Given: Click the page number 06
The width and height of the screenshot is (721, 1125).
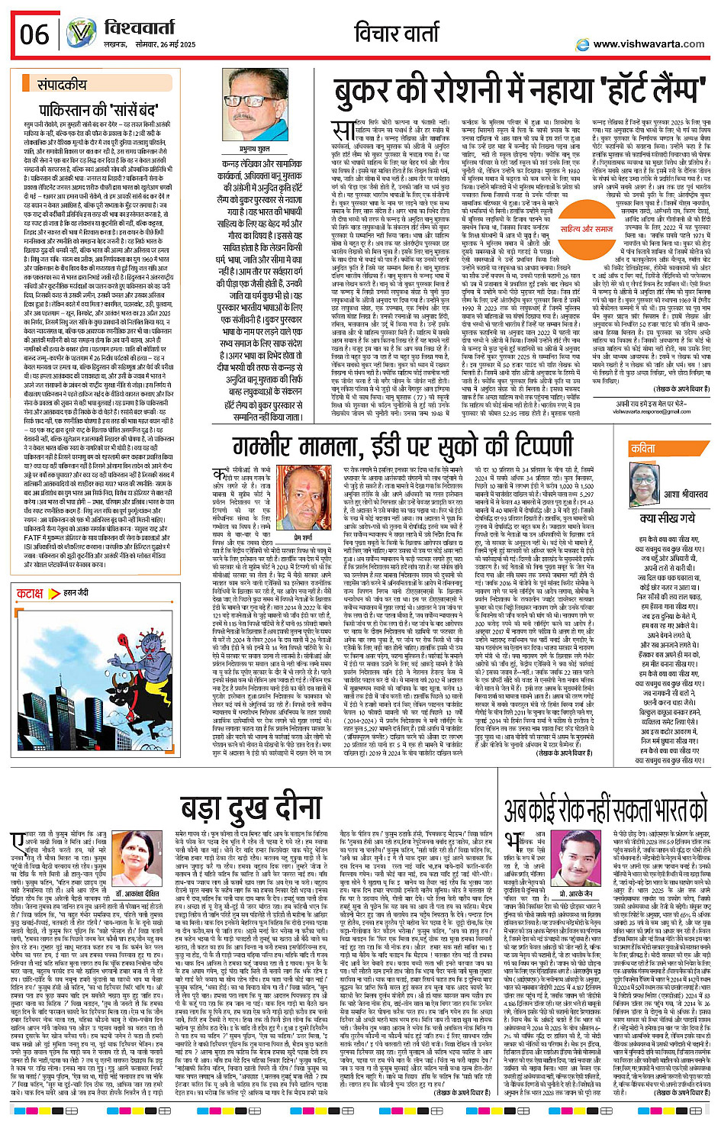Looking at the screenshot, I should coord(35,34).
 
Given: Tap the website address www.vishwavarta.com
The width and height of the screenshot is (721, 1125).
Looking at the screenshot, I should coord(649,44).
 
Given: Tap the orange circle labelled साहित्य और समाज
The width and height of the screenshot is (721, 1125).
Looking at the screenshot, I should coord(586,228).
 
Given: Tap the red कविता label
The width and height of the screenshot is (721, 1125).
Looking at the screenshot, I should coord(642,449).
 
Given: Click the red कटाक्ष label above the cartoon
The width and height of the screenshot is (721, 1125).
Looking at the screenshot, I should coord(30,593).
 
